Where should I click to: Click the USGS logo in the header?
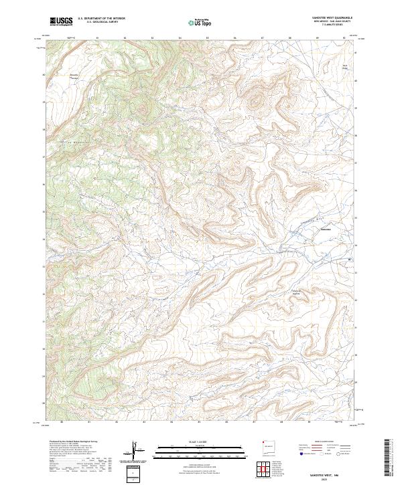tap(61, 21)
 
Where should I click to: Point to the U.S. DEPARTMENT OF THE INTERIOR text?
tap(101, 19)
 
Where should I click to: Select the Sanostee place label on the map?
tap(326, 230)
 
